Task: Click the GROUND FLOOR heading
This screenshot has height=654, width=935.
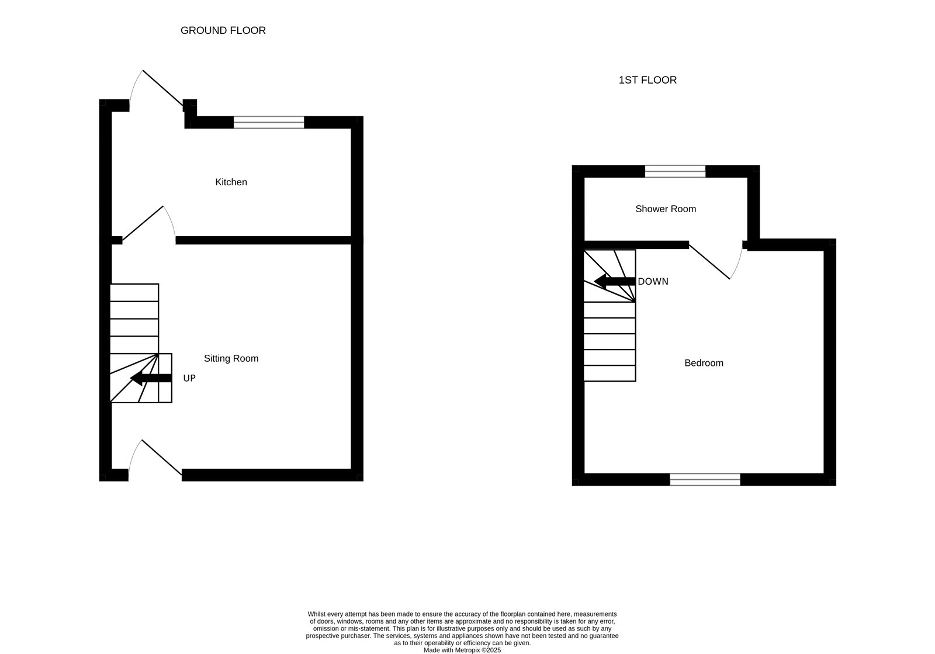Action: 223,30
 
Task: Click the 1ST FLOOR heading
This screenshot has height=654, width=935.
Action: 647,80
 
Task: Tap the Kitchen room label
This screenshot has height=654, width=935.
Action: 231,182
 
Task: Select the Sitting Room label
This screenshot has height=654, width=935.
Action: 231,358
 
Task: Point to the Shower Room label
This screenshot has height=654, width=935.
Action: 666,209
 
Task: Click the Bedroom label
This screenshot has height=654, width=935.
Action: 704,363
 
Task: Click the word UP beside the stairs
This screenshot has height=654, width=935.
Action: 189,378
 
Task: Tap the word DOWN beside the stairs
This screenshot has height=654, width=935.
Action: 653,282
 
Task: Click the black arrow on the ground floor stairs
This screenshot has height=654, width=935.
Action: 151,378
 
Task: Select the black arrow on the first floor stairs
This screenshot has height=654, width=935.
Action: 615,281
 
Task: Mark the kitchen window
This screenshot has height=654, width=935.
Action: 269,122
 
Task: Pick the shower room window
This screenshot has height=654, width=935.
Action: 675,171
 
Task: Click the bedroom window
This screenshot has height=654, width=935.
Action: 705,480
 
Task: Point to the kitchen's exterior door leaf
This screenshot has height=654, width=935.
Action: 163,88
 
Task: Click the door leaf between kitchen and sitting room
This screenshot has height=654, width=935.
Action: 143,223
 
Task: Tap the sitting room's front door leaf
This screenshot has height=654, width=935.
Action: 162,457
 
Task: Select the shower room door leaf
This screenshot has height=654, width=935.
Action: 709,262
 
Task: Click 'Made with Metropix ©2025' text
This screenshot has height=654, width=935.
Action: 462,650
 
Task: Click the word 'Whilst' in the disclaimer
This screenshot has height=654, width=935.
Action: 316,614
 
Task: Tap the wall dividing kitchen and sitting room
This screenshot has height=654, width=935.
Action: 264,240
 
